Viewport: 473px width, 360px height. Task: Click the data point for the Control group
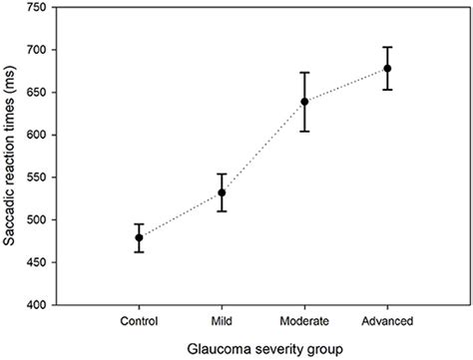click(140, 237)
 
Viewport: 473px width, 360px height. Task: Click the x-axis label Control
click(140, 320)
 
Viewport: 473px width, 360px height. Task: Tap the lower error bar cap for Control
click(140, 252)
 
